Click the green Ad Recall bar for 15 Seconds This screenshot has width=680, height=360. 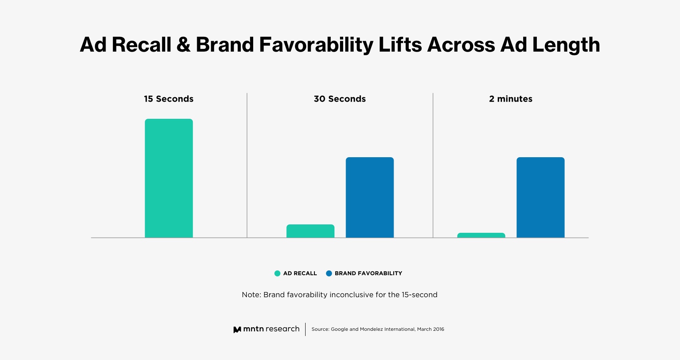pos(168,178)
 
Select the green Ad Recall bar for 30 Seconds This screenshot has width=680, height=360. pos(310,231)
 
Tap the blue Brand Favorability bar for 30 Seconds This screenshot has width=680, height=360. pos(370,197)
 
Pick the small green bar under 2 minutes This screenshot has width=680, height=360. pos(481,235)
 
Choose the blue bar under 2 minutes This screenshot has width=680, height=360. pos(540,197)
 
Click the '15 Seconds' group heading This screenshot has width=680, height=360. pos(168,99)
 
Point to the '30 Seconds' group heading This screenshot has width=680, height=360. pos(340,99)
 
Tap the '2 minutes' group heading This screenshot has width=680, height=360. pos(510,99)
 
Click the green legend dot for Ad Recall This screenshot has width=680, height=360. pos(277,274)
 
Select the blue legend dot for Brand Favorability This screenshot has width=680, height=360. pos(329,274)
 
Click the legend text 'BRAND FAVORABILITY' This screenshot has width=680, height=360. pos(368,274)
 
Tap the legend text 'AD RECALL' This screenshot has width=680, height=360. pos(300,274)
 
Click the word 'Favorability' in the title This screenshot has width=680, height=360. pos(316,45)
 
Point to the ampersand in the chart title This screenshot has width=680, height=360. pos(183,45)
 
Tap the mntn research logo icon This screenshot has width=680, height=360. pos(237,330)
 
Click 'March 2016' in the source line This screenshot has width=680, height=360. pos(430,329)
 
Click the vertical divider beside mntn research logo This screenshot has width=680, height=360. pos(305,329)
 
